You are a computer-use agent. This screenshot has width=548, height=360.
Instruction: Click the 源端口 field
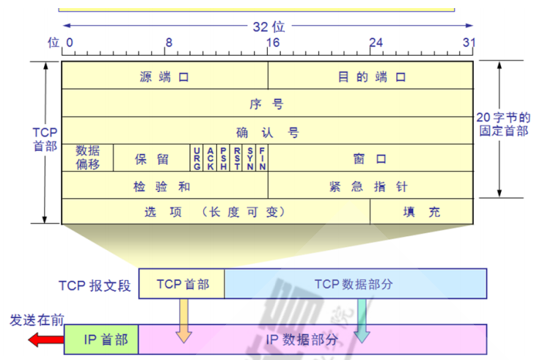[164, 76]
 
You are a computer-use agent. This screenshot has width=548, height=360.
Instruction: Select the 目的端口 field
[371, 76]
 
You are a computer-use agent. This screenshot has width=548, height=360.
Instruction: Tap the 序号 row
[267, 103]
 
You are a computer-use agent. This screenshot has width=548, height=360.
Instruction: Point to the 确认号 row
[267, 131]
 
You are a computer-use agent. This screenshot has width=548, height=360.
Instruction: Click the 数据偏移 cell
[87, 158]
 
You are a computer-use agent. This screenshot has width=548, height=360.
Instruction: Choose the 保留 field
[152, 158]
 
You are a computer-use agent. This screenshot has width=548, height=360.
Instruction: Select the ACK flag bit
[211, 158]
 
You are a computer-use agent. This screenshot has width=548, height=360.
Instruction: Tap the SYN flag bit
[250, 158]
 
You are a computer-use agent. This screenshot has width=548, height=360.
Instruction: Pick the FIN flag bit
[262, 158]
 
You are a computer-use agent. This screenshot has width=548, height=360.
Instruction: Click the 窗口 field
[370, 158]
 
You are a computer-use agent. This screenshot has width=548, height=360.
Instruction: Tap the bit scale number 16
[273, 43]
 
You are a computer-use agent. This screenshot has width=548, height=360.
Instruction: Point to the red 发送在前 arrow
[45, 340]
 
